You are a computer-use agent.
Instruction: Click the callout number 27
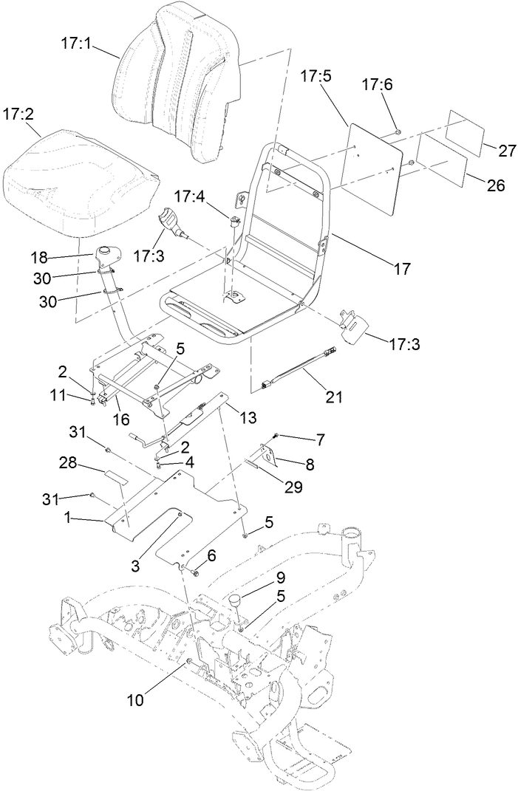point(506,151)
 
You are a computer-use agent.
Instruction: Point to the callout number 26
point(495,185)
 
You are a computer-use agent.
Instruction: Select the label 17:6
point(377,85)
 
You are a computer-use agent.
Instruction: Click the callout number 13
point(248,418)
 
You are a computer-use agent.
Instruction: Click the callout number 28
point(69,462)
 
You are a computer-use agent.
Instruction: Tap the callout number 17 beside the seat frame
point(401,270)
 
